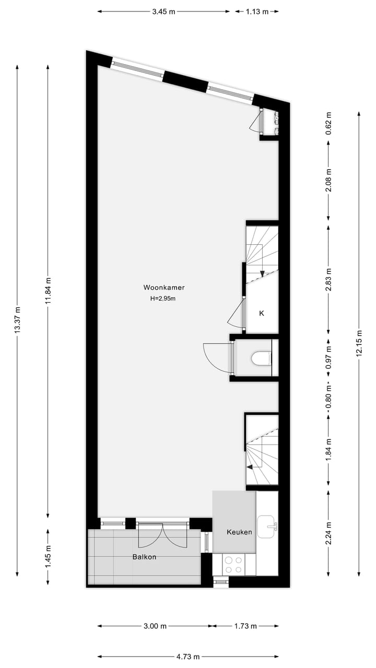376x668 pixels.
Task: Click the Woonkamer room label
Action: pyautogui.click(x=164, y=287)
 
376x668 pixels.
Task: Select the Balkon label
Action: pyautogui.click(x=144, y=557)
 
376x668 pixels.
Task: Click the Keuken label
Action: pyautogui.click(x=239, y=532)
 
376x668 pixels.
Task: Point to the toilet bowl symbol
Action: pyautogui.click(x=261, y=358)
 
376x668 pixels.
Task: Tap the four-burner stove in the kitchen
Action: pyautogui.click(x=233, y=565)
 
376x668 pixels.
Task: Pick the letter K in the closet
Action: pyautogui.click(x=262, y=313)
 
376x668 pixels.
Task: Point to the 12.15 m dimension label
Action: pyautogui.click(x=359, y=342)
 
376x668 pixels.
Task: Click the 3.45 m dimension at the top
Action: pyautogui.click(x=163, y=11)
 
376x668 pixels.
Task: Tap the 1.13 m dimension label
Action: pyautogui.click(x=257, y=11)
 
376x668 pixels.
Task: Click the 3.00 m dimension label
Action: pyautogui.click(x=156, y=626)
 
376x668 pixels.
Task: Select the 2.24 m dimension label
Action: pyautogui.click(x=328, y=533)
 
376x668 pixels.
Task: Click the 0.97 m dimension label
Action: pyautogui.click(x=328, y=358)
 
